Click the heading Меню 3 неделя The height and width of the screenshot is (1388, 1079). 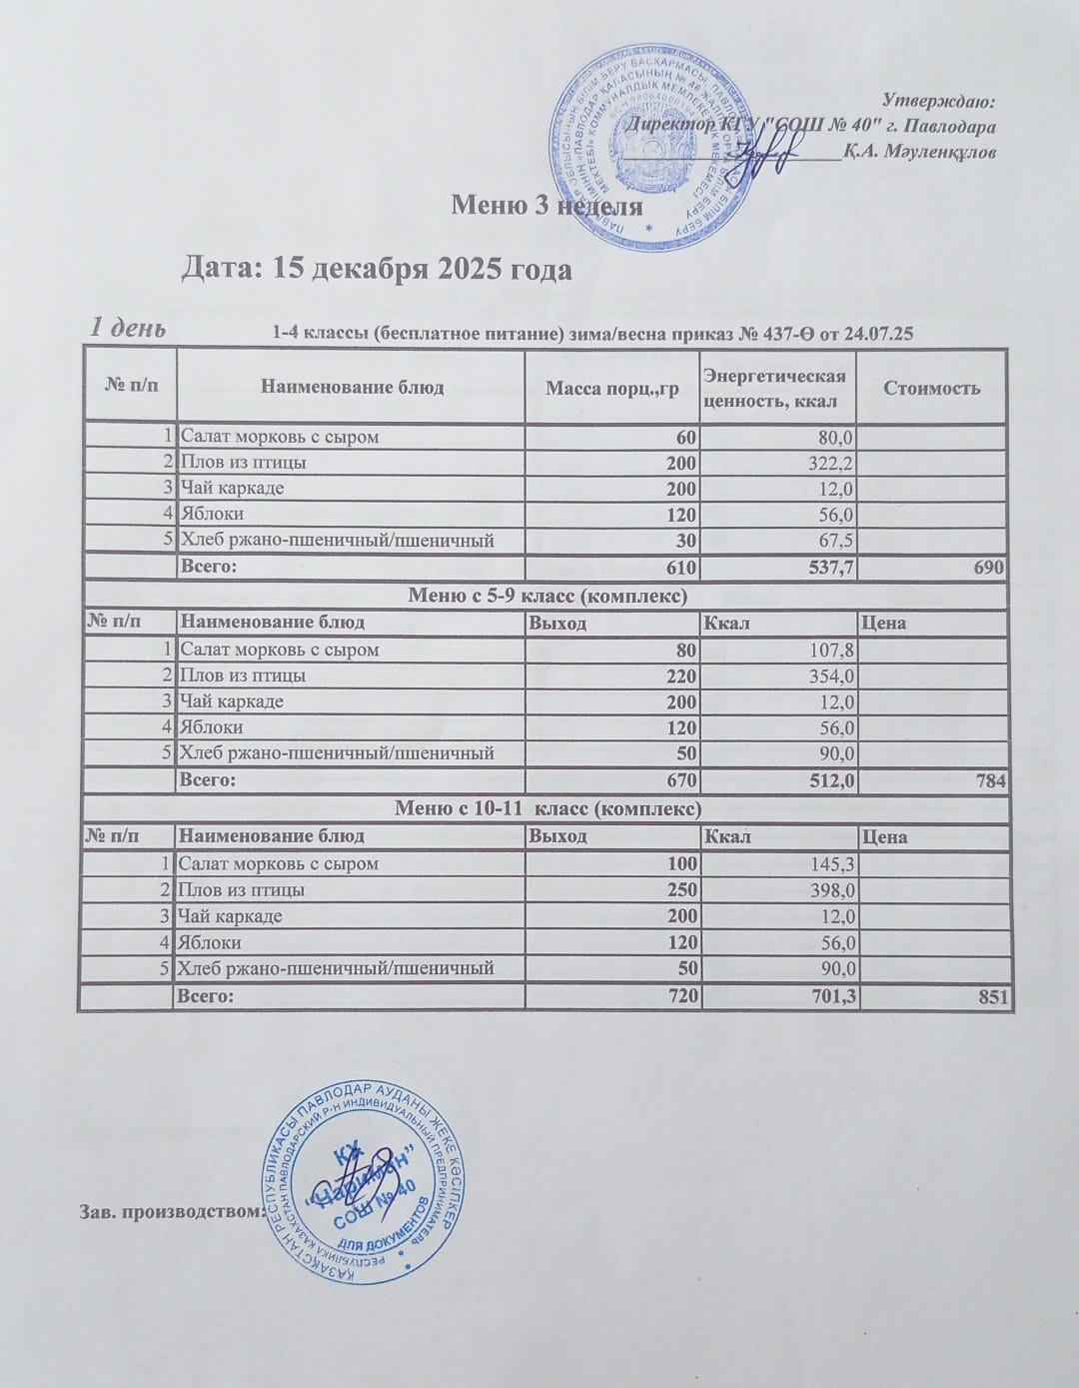(x=546, y=206)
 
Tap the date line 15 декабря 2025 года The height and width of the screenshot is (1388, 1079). (x=378, y=270)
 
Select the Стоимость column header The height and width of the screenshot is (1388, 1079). (x=931, y=388)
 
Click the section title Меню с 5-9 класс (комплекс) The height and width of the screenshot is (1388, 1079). (x=546, y=597)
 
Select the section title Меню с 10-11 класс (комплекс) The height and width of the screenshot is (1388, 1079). (x=546, y=808)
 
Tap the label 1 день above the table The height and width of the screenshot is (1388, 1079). (x=128, y=328)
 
